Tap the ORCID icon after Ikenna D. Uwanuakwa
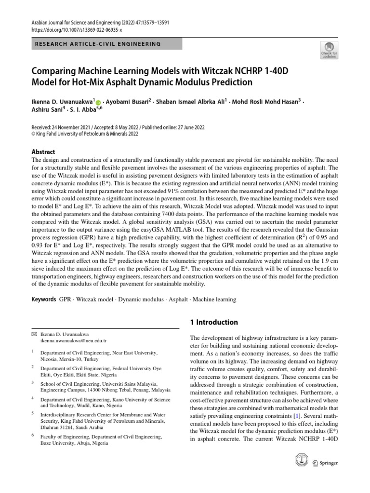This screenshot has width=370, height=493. (99, 103)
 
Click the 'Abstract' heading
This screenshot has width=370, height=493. (43, 151)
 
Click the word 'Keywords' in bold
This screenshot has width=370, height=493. (44, 299)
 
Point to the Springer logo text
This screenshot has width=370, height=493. (328, 463)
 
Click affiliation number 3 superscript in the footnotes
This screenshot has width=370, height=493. (33, 382)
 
